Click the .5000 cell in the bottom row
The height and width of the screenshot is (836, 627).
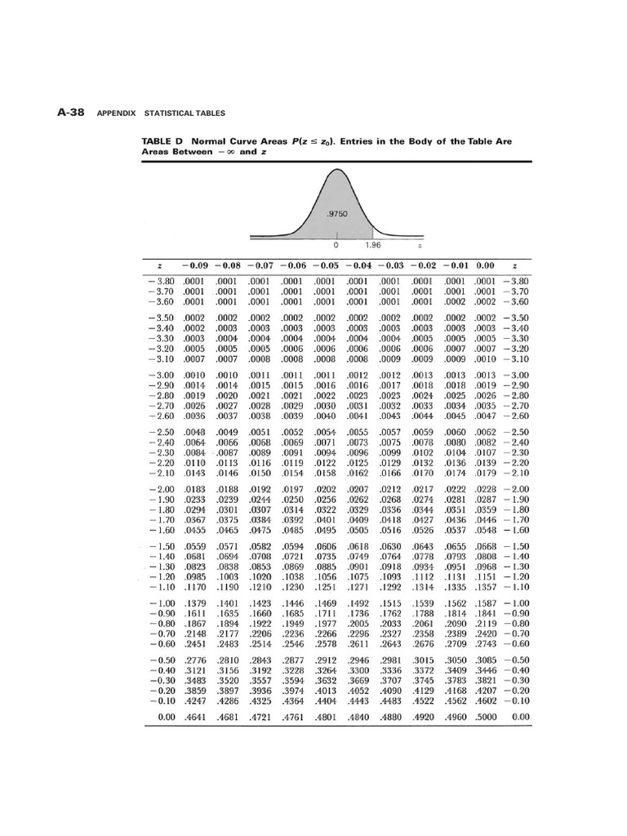[x=487, y=718]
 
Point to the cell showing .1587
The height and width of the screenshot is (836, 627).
[x=487, y=602]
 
